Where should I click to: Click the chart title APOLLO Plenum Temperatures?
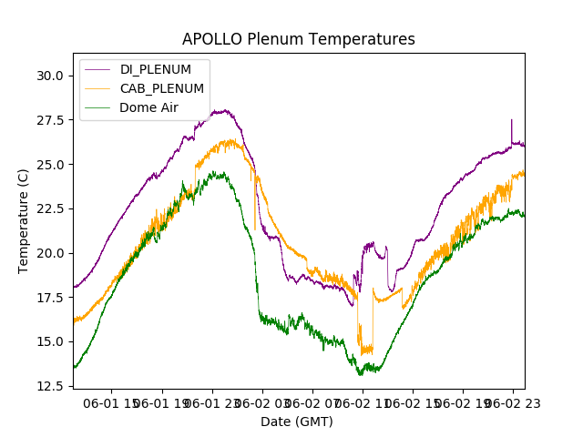coord(298,39)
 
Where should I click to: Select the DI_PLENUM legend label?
coord(155,69)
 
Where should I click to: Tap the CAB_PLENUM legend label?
coord(161,88)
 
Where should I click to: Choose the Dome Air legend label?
coord(149,107)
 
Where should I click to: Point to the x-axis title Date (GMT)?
coord(297,422)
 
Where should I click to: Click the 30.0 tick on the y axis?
coord(50,76)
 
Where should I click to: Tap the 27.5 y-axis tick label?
coord(50,120)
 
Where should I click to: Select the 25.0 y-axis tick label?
coord(50,165)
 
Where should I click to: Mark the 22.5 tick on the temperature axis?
coord(50,208)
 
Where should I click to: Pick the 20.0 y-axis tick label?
coord(50,253)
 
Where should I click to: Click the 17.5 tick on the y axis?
coord(50,298)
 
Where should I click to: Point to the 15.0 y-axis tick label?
coord(50,341)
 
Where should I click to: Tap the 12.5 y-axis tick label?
coord(50,386)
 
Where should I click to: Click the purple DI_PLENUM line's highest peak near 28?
coord(222,111)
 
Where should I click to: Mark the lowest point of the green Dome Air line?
coord(361,374)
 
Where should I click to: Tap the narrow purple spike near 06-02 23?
coord(512,120)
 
